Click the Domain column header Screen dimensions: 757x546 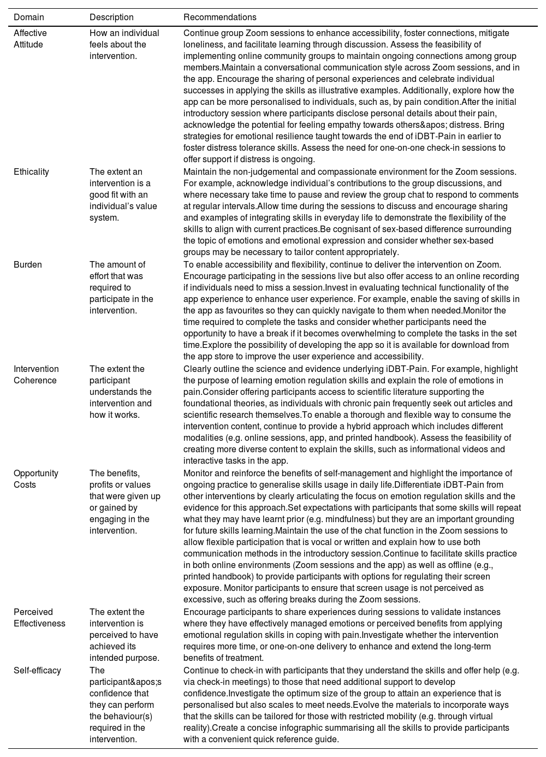point(29,17)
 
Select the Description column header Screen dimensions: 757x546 point(111,17)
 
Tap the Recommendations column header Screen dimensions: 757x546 point(219,17)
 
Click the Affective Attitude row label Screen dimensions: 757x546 point(30,39)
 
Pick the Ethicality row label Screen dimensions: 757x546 point(31,172)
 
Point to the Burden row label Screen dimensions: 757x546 point(27,265)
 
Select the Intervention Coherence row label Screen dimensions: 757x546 point(36,375)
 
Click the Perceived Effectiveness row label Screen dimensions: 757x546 point(39,618)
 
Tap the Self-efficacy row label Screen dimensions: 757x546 point(37,671)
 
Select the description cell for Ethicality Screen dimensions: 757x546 point(123,195)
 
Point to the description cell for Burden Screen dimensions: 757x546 point(121,288)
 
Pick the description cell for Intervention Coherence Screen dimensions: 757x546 point(121,392)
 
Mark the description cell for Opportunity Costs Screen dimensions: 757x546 point(125,502)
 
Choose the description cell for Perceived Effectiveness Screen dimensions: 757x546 point(124,635)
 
